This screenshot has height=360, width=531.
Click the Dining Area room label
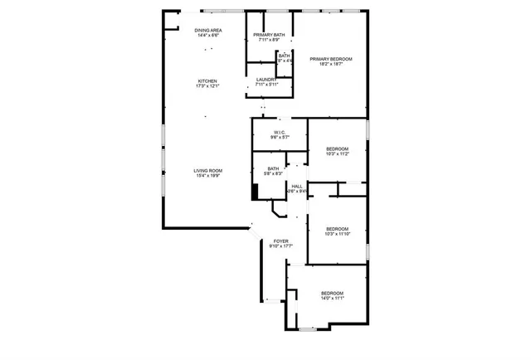207,31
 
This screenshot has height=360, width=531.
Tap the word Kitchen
207,80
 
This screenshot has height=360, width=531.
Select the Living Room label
207,170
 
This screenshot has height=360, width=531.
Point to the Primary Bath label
269,34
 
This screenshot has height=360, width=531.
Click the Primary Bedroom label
331,59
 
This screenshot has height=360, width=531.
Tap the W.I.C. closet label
280,133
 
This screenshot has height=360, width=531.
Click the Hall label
297,186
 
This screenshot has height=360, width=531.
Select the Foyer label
280,241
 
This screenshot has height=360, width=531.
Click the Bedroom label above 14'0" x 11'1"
332,294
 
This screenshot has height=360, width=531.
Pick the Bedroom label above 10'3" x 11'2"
337,148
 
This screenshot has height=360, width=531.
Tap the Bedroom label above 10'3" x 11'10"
337,229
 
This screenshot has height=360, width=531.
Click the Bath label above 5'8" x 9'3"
273,168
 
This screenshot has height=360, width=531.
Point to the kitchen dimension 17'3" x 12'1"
207,86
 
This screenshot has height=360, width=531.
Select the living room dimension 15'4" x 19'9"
207,176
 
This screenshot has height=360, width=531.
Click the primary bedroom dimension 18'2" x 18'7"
331,65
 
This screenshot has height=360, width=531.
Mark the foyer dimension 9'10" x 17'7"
280,246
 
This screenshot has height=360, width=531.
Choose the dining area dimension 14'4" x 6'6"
207,36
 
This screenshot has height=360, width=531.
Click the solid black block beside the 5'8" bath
256,191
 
